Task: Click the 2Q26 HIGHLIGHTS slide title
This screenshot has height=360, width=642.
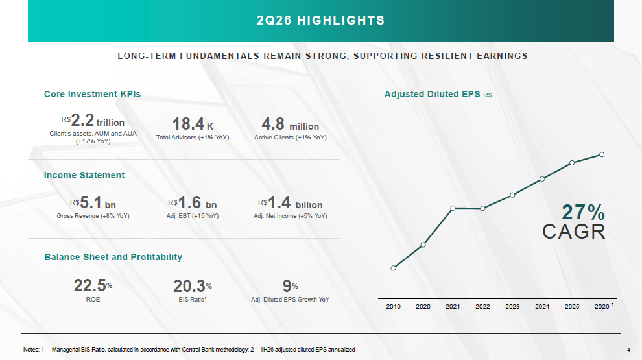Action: click(320, 20)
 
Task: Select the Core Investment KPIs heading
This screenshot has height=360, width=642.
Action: click(92, 94)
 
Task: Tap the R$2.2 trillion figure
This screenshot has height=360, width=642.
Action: click(93, 121)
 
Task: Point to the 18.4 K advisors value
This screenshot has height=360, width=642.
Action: click(193, 124)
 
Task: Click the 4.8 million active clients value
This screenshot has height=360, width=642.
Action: click(291, 124)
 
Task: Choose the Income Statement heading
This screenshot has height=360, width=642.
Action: click(84, 175)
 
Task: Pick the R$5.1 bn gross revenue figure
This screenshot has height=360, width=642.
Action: click(93, 202)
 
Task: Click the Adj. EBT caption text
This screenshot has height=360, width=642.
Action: click(193, 216)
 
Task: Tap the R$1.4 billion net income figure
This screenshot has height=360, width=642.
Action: click(291, 202)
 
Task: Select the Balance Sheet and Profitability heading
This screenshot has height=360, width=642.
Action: click(113, 258)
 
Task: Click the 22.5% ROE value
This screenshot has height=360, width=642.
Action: click(93, 286)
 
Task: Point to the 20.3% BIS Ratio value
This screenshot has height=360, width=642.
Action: click(193, 286)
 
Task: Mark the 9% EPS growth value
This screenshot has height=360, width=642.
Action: click(291, 286)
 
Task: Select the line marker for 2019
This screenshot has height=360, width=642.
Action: click(394, 268)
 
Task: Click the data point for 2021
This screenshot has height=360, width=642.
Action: click(453, 208)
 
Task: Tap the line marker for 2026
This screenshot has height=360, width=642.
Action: click(602, 154)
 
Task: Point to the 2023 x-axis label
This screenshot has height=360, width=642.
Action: click(512, 306)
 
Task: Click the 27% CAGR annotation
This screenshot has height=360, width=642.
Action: click(574, 222)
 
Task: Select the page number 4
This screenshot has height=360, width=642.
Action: click(628, 350)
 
